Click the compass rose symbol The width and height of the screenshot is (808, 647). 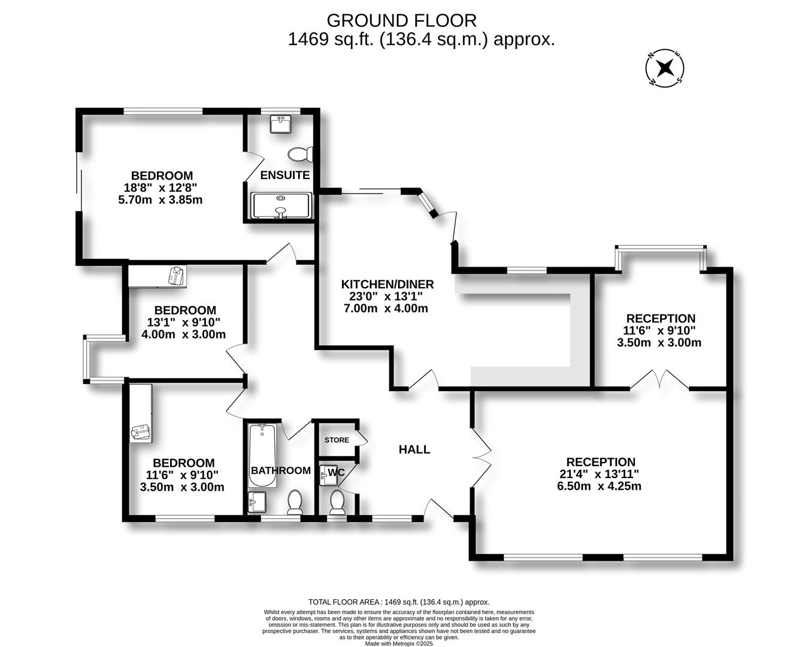[x=664, y=67]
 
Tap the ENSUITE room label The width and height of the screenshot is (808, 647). [x=285, y=175]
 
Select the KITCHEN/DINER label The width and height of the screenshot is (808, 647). [x=387, y=284]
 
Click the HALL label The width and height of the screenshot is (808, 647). [x=414, y=449]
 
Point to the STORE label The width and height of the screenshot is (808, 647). [x=337, y=440]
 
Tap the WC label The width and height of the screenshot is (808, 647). [x=337, y=472]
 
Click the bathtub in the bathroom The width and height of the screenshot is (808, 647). [x=262, y=454]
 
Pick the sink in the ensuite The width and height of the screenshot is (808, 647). [x=280, y=125]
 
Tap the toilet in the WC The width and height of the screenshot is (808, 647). [x=337, y=502]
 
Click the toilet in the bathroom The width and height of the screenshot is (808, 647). [x=295, y=502]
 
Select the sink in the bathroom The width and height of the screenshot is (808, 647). [x=256, y=501]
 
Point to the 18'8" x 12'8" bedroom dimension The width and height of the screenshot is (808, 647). [x=162, y=188]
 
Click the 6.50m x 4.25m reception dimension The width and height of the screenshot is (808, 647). [x=599, y=486]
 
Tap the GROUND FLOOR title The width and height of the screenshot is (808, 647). [x=401, y=20]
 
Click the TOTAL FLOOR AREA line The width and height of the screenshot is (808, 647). [x=399, y=602]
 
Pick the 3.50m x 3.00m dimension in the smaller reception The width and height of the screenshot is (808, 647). [x=659, y=343]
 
